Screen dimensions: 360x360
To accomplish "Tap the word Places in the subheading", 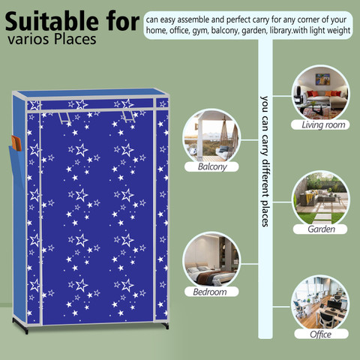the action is coord(75,39).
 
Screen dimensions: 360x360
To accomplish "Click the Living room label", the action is coord(323,124).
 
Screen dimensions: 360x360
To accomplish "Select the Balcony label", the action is coord(212,166).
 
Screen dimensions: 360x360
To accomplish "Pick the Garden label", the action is coord(321,229).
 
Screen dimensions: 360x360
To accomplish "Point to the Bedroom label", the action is coord(210,292).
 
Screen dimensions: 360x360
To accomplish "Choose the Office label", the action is coord(320,334).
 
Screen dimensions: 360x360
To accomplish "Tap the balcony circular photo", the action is coord(211,137).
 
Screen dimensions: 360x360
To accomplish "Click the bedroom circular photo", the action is coord(211,261).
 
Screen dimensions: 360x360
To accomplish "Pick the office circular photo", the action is coord(321,304).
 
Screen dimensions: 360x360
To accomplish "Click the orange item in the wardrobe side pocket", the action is coord(16,143).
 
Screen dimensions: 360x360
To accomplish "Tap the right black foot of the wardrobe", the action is coord(165,325).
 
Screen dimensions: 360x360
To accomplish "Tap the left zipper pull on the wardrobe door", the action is coord(64,118).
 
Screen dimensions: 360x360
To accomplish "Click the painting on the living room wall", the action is coord(322,79).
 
